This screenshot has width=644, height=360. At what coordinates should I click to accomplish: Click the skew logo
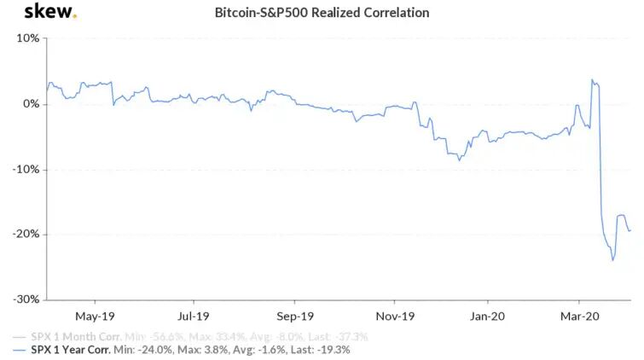click(49, 12)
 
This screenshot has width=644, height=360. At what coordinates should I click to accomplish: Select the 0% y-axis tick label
click(30, 104)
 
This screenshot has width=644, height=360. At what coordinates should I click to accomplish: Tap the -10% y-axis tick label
click(25, 169)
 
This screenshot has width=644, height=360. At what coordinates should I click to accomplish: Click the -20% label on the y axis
click(25, 235)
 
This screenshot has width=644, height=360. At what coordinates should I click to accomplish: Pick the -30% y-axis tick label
click(25, 299)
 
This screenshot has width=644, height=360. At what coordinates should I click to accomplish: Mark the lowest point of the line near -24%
click(612, 260)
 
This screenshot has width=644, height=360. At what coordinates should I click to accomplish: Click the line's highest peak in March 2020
click(592, 80)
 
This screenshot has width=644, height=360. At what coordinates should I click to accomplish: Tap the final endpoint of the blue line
click(630, 230)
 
